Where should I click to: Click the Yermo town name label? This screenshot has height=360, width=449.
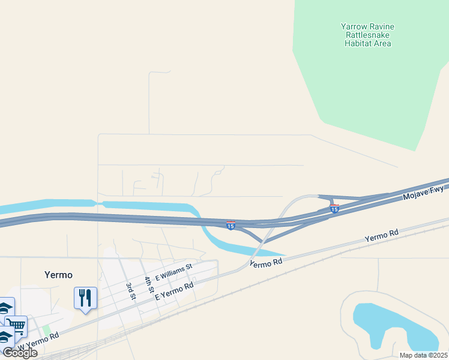click(58, 275)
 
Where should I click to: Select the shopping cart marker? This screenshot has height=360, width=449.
click(17, 326)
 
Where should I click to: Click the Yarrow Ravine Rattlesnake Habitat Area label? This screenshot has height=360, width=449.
click(367, 35)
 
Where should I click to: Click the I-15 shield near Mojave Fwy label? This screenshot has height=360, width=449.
click(334, 208)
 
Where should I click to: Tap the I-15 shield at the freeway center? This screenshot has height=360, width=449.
click(231, 224)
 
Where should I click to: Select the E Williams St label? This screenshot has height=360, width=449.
click(173, 272)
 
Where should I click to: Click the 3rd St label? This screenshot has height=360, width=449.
click(131, 290)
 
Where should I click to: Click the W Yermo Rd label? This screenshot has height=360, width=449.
click(37, 343)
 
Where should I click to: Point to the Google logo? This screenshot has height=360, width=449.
click(20, 353)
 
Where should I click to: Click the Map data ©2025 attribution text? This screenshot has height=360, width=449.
click(423, 355)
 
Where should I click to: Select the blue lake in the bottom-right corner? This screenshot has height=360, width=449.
click(390, 327)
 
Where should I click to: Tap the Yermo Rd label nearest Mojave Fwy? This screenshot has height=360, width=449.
click(381, 235)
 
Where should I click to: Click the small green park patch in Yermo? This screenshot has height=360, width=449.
click(46, 331)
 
